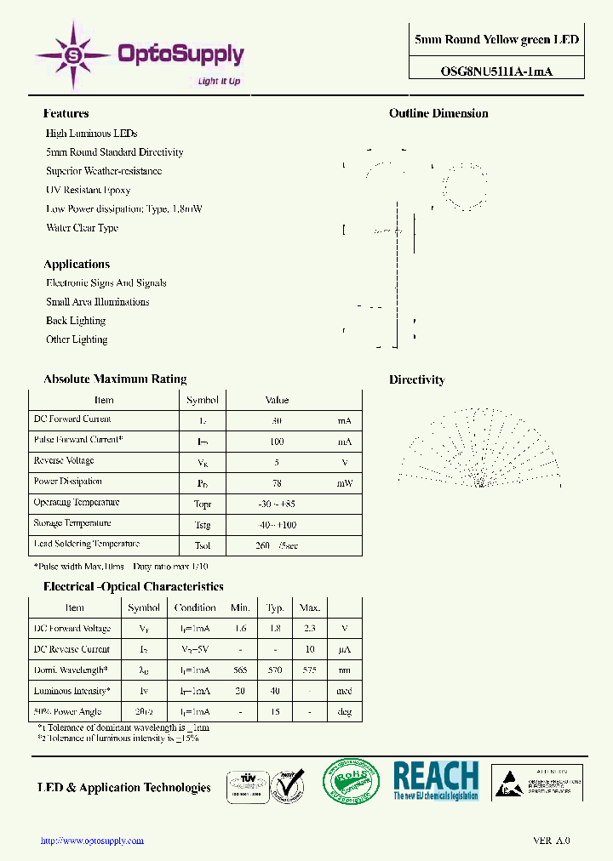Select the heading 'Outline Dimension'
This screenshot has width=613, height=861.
tap(438, 113)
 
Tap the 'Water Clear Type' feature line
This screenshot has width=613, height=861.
tap(82, 228)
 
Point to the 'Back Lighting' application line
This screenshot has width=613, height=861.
tap(76, 321)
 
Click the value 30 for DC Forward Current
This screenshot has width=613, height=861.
tap(276, 420)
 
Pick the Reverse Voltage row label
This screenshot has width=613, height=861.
tap(63, 461)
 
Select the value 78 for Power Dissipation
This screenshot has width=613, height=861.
tap(276, 482)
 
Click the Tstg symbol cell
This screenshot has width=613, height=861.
tap(202, 524)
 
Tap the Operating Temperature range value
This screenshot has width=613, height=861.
tap(277, 504)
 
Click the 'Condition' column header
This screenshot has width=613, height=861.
tap(195, 607)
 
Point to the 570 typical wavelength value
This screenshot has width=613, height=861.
tap(275, 670)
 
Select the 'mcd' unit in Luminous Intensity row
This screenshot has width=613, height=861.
tap(344, 692)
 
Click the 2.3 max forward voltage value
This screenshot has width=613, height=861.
tap(309, 629)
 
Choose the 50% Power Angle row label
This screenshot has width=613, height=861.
tap(67, 711)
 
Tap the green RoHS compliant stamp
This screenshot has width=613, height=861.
tap(350, 780)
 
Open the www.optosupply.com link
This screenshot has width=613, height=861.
tap(93, 841)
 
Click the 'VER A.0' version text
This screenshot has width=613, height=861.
tap(551, 841)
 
